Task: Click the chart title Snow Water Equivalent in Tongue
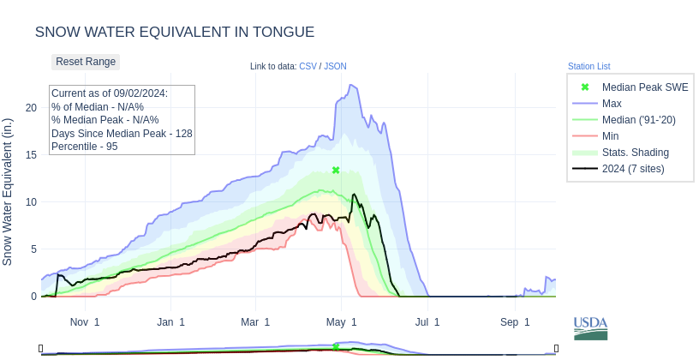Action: point(175,32)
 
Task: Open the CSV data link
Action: point(308,66)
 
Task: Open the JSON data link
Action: point(335,66)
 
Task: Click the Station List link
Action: point(588,66)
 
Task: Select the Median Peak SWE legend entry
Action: point(644,87)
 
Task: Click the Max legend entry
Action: point(612,104)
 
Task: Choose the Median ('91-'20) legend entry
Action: point(638,120)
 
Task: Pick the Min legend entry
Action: point(610,136)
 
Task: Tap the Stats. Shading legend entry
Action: point(635,153)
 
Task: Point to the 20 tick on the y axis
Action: point(31,107)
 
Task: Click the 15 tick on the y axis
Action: point(31,154)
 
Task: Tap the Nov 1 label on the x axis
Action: point(85,322)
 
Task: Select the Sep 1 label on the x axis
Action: point(515,322)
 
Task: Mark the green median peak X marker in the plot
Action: point(336,171)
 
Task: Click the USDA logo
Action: point(590,327)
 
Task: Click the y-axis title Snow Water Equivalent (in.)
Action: point(8,191)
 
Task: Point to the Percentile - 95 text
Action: point(84,147)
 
